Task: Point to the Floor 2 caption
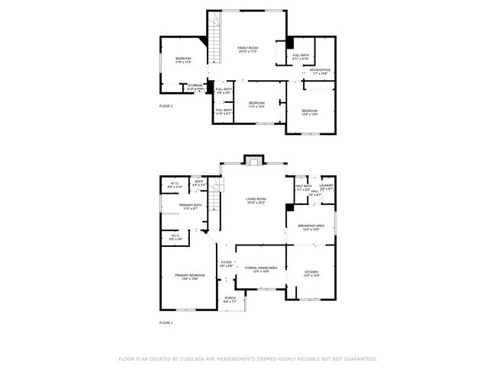[166, 105]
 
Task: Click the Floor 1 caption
[166, 323]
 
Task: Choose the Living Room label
[255, 200]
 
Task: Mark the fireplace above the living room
[253, 160]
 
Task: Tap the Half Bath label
[303, 186]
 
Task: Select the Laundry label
[326, 185]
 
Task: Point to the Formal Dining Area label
[260, 268]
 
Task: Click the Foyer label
[226, 263]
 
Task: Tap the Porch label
[229, 299]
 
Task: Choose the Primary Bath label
[191, 205]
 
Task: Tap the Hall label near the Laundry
[314, 192]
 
